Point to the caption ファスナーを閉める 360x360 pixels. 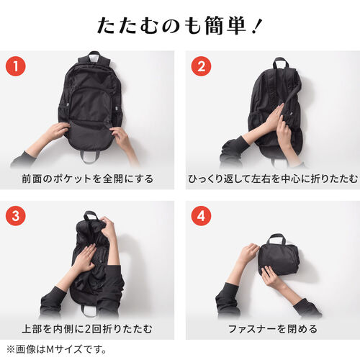tap(271, 329)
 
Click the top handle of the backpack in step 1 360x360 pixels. tap(94, 57)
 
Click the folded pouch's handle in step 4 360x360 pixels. tap(277, 240)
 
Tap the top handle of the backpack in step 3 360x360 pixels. tap(91, 216)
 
